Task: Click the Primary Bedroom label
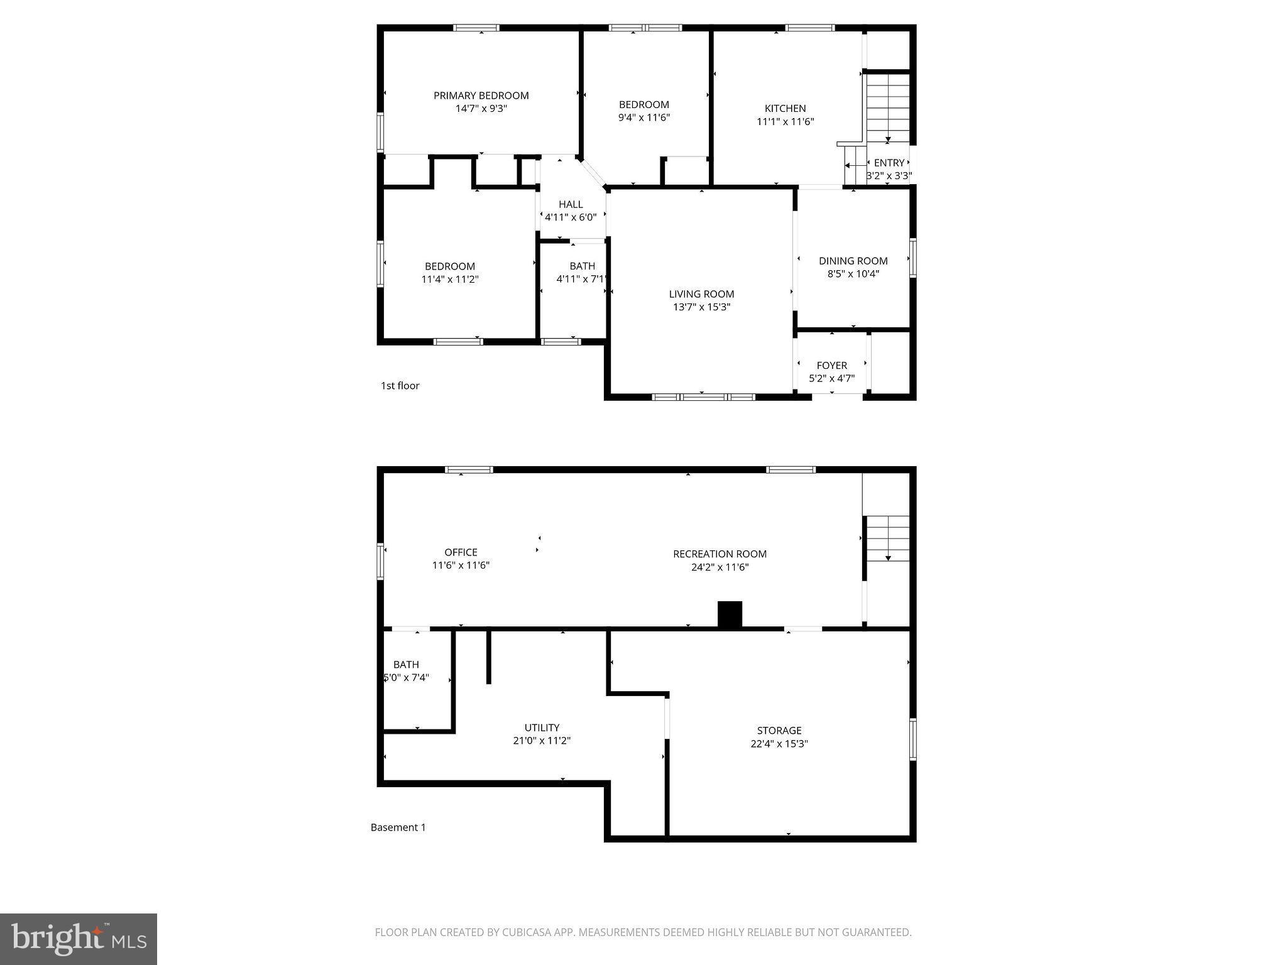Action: [481, 95]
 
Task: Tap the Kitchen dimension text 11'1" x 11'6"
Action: [785, 122]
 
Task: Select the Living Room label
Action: [701, 294]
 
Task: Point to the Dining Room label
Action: [853, 261]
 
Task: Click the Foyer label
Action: [831, 365]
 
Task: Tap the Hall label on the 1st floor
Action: [571, 204]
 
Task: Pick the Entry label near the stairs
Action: [889, 163]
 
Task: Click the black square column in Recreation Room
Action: [730, 614]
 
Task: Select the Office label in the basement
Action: [461, 552]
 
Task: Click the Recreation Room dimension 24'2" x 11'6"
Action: [720, 567]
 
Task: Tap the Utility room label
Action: [542, 728]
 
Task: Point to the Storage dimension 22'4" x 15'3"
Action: [779, 744]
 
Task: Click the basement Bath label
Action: [406, 665]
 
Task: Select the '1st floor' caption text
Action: [400, 386]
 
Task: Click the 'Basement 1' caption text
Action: [398, 827]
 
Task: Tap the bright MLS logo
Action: [79, 939]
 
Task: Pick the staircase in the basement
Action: [887, 538]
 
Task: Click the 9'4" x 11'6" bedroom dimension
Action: [644, 117]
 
